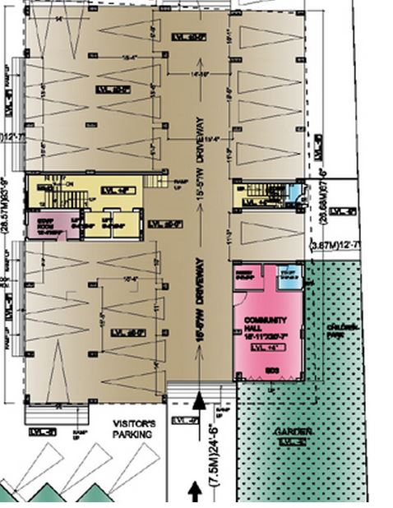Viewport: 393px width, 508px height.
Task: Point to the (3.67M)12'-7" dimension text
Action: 335,245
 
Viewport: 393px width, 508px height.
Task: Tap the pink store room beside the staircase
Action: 53,224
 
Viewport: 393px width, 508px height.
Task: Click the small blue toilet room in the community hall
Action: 289,279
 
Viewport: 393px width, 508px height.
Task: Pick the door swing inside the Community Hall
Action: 241,293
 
